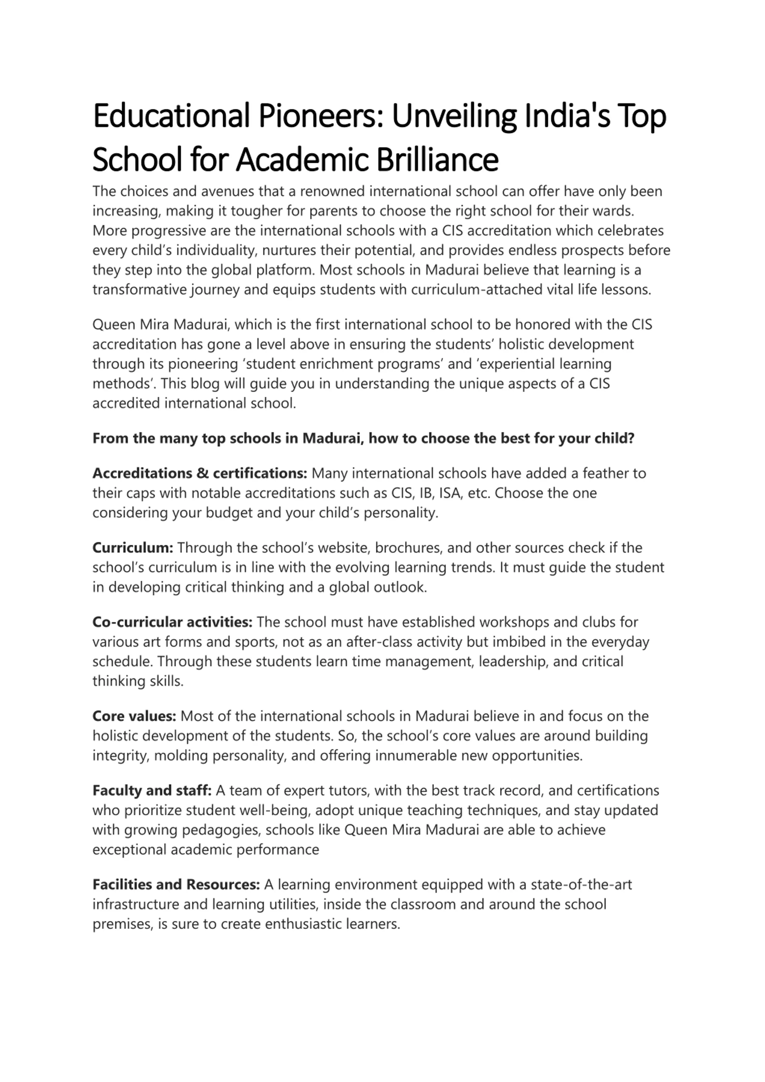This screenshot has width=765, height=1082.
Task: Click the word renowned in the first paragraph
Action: [x=333, y=191]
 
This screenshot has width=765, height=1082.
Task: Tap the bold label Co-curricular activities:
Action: [x=172, y=622]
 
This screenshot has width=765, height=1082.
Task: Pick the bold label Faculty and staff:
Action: [x=152, y=790]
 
